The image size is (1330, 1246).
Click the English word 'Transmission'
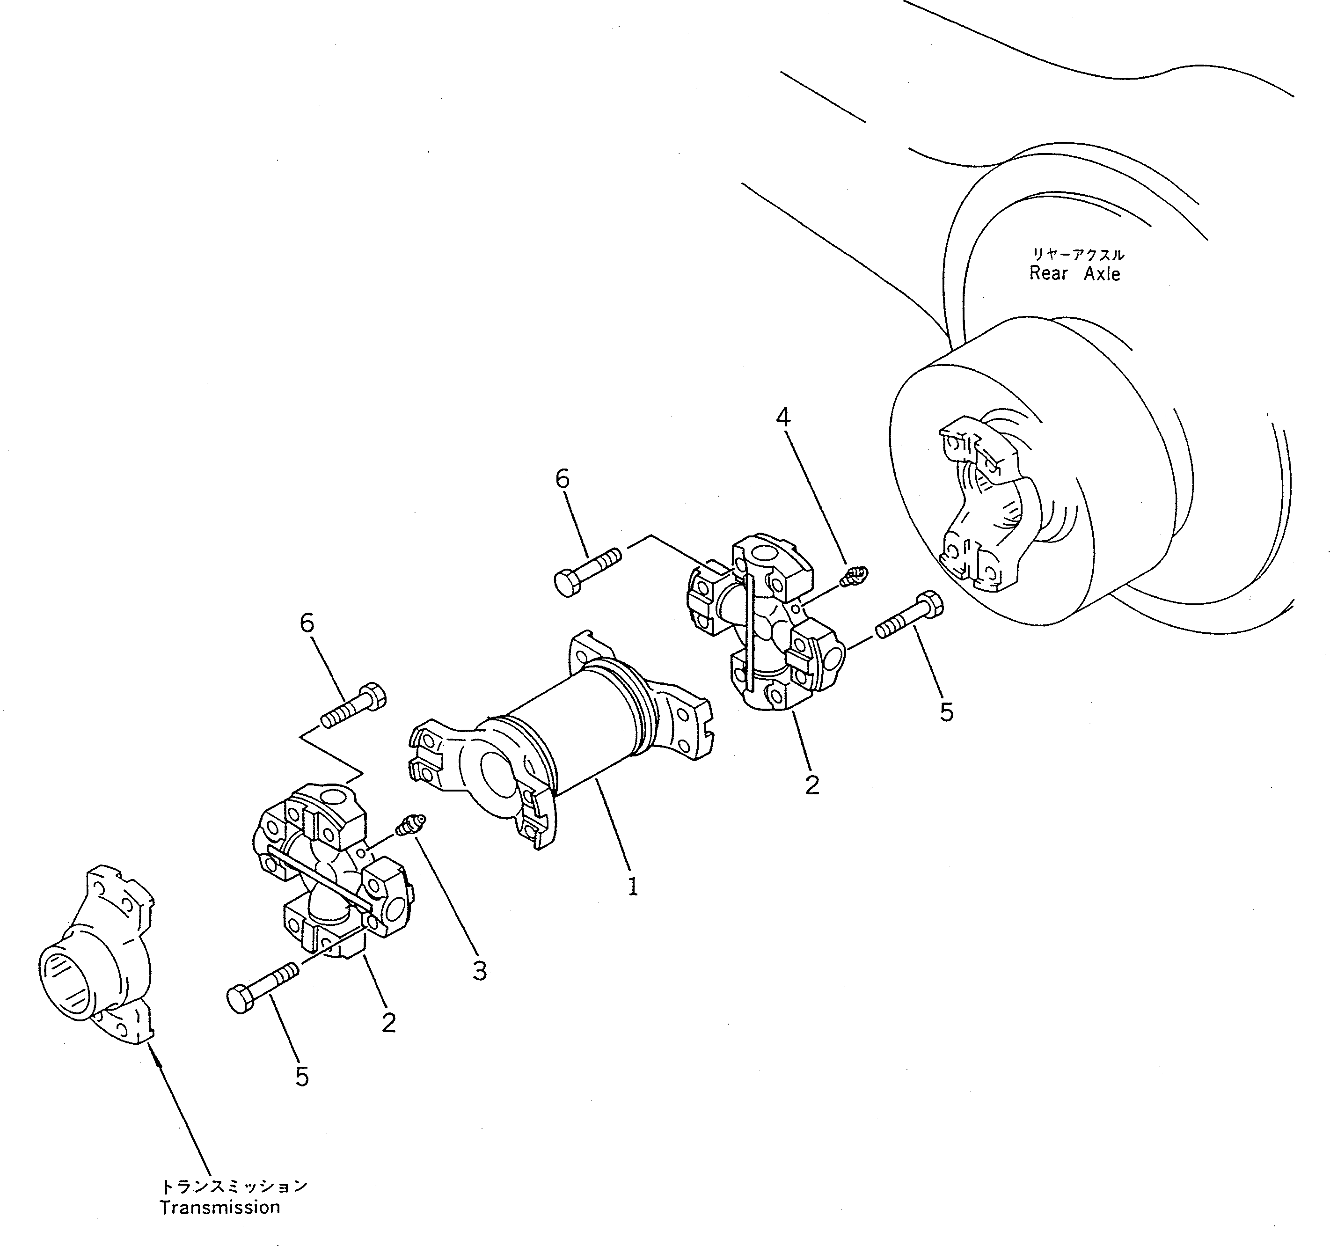(219, 1207)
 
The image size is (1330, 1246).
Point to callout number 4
(783, 418)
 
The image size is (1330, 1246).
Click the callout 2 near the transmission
(388, 1022)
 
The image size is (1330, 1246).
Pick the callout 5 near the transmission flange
(302, 1077)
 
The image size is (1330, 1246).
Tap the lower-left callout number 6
(307, 623)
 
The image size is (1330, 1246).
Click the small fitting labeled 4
(855, 574)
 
